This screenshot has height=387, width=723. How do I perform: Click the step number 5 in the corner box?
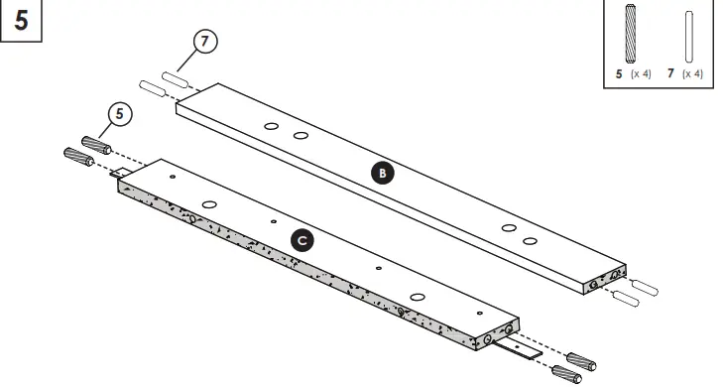(x=21, y=21)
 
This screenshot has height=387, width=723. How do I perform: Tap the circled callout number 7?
(x=205, y=43)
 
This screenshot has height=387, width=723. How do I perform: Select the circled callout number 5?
(x=119, y=114)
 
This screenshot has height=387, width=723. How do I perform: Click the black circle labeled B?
(x=382, y=173)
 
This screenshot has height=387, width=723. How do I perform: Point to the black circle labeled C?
(x=303, y=239)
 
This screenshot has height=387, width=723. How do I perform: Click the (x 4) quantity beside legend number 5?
(x=641, y=74)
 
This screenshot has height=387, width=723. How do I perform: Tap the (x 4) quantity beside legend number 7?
(x=692, y=74)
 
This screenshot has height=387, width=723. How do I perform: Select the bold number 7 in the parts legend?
(x=671, y=74)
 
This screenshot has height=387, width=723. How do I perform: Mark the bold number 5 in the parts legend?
(x=620, y=74)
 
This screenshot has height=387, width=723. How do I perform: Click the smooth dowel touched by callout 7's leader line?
(x=175, y=76)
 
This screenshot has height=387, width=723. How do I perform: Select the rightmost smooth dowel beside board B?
(x=646, y=287)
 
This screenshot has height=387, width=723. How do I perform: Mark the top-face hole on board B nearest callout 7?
(x=271, y=126)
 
